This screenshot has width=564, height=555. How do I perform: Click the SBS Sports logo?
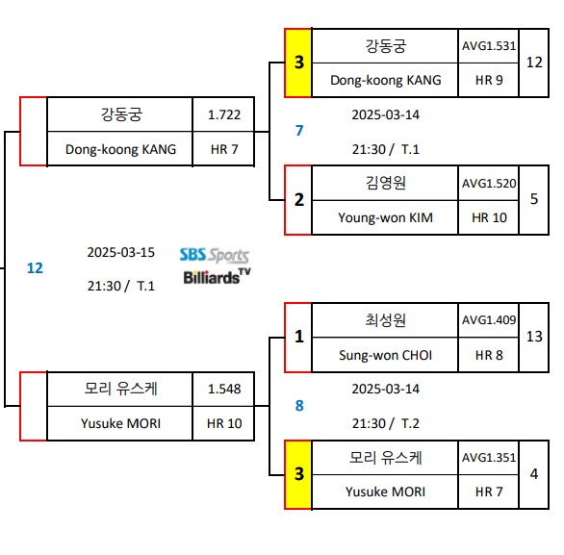(214, 256)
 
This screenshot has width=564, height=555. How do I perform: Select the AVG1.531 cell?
(488, 46)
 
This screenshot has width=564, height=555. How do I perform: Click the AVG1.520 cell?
(488, 183)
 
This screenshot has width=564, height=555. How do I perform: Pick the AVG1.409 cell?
(488, 320)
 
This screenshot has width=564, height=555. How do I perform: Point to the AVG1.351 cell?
(488, 457)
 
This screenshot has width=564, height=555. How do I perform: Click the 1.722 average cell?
(224, 114)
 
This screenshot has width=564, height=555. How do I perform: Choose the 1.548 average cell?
(224, 389)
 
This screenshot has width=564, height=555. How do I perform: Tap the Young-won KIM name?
(386, 217)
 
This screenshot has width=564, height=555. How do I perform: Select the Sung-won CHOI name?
(386, 355)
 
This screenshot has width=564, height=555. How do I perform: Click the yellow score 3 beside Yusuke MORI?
(298, 474)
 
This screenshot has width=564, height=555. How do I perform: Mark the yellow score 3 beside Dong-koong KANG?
(298, 63)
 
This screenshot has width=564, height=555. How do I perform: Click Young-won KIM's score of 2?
(298, 200)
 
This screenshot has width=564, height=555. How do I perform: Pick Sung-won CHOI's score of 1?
(298, 337)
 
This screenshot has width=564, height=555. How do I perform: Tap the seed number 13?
(535, 337)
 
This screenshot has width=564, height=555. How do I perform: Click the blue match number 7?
(299, 130)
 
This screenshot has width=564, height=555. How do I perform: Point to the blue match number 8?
(299, 406)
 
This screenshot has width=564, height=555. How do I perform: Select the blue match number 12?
(35, 267)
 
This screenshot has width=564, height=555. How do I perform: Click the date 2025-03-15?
(121, 253)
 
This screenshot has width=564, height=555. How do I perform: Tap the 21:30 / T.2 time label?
(386, 423)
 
